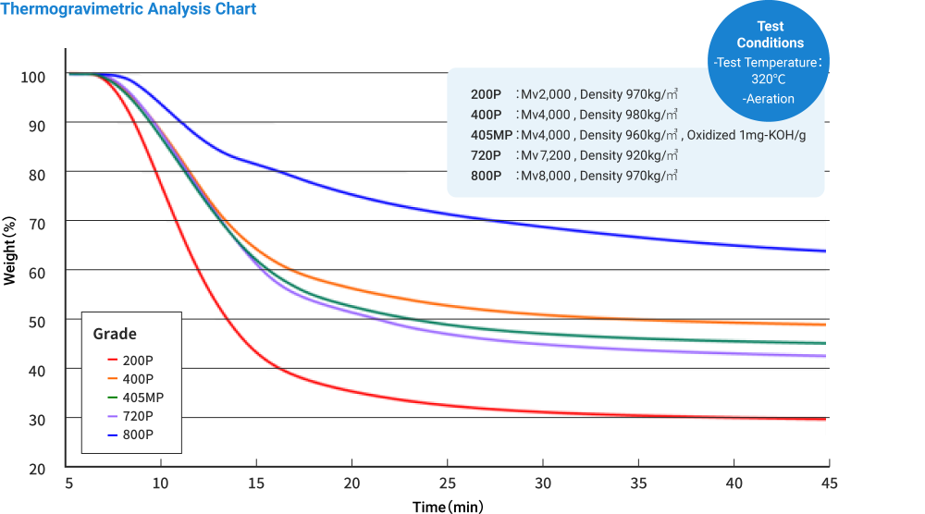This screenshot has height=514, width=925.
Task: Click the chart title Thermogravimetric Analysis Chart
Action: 129,9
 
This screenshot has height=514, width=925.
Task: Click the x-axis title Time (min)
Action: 447,506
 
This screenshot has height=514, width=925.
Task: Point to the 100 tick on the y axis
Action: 33,76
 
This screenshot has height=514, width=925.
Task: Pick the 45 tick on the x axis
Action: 829,483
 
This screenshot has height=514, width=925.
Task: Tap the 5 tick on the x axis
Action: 68,483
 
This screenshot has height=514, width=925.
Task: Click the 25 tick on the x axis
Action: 448,483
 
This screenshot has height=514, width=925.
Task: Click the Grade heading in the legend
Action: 115,334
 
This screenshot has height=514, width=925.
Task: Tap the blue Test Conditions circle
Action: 769,61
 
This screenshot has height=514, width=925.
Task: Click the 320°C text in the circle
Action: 769,80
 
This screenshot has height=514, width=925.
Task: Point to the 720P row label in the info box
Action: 486,154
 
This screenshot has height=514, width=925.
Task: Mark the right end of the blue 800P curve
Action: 824,251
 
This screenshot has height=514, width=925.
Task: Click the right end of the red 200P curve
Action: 824,419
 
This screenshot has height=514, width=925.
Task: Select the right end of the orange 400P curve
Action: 824,324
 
